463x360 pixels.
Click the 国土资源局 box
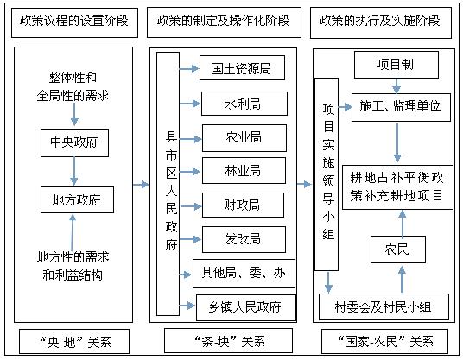[x=242, y=68]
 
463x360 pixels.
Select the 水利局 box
[x=244, y=104]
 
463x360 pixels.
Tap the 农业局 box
[x=244, y=138]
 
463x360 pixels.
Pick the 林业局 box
[x=244, y=171]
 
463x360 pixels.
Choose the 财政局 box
[x=243, y=205]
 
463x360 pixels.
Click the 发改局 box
[x=244, y=239]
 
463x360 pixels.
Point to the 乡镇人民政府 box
[x=246, y=307]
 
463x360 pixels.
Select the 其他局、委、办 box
[x=244, y=274]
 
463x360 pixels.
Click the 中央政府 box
[x=74, y=143]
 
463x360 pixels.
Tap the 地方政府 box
[x=77, y=199]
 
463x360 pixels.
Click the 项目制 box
[x=396, y=65]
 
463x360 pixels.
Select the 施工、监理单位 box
[x=401, y=107]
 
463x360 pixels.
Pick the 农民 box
[x=398, y=249]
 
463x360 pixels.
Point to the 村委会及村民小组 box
[x=384, y=306]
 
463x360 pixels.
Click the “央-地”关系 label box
[x=74, y=341]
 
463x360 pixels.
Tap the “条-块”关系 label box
[x=228, y=341]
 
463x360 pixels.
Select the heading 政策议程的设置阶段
[x=74, y=22]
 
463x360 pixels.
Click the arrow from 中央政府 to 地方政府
[x=74, y=171]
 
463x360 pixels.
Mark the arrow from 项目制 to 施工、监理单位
[x=396, y=85]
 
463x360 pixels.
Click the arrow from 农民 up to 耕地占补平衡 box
[x=403, y=223]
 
